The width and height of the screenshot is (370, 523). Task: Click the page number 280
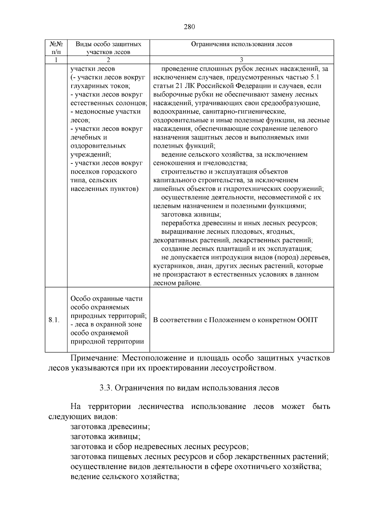[x=189, y=27]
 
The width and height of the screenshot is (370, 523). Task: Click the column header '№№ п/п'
[x=56, y=48]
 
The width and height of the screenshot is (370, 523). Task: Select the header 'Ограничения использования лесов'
[x=241, y=44]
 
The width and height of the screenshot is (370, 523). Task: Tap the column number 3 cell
[x=241, y=60]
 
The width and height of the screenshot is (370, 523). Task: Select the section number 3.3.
[x=106, y=388]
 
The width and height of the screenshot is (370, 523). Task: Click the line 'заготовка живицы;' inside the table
[x=191, y=214]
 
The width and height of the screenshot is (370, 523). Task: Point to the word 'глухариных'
[x=88, y=86]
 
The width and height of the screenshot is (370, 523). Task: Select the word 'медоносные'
[x=94, y=112]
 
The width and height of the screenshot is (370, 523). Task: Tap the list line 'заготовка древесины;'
[x=110, y=427]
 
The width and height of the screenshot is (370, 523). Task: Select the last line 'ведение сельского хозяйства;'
[x=125, y=477]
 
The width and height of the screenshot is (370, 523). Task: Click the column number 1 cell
[x=56, y=60]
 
